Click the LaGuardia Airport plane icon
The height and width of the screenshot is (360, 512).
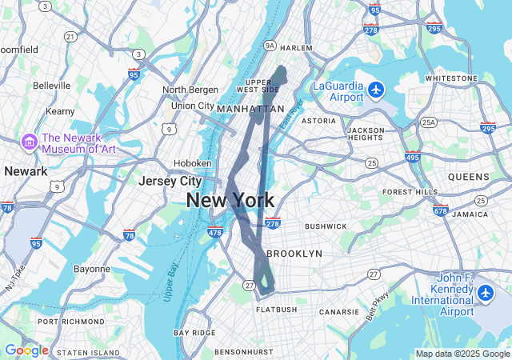pos(376,90)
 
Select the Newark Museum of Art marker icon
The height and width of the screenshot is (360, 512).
pos(30,142)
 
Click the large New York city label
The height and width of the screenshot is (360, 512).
pos(230,200)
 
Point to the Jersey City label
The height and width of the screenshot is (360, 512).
pos(170,181)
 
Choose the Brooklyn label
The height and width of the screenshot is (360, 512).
pos(294,253)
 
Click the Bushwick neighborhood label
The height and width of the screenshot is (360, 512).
pos(326,226)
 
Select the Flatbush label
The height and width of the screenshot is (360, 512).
pos(277,309)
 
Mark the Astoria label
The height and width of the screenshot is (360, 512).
pos(318,121)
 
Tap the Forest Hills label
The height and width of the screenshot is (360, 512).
pos(410,192)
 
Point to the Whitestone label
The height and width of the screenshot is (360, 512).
pos(451,78)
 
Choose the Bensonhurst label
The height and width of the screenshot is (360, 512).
pos(245,351)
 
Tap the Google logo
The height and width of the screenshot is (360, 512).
pos(26,350)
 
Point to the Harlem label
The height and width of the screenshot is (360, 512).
pos(296,48)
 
